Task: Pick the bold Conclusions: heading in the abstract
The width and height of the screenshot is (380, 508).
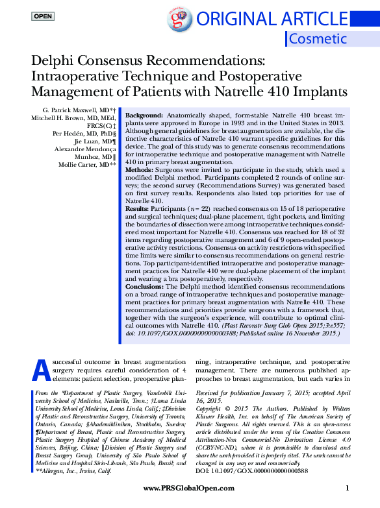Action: (x=146, y=286)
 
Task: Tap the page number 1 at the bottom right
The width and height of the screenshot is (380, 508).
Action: (x=348, y=487)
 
